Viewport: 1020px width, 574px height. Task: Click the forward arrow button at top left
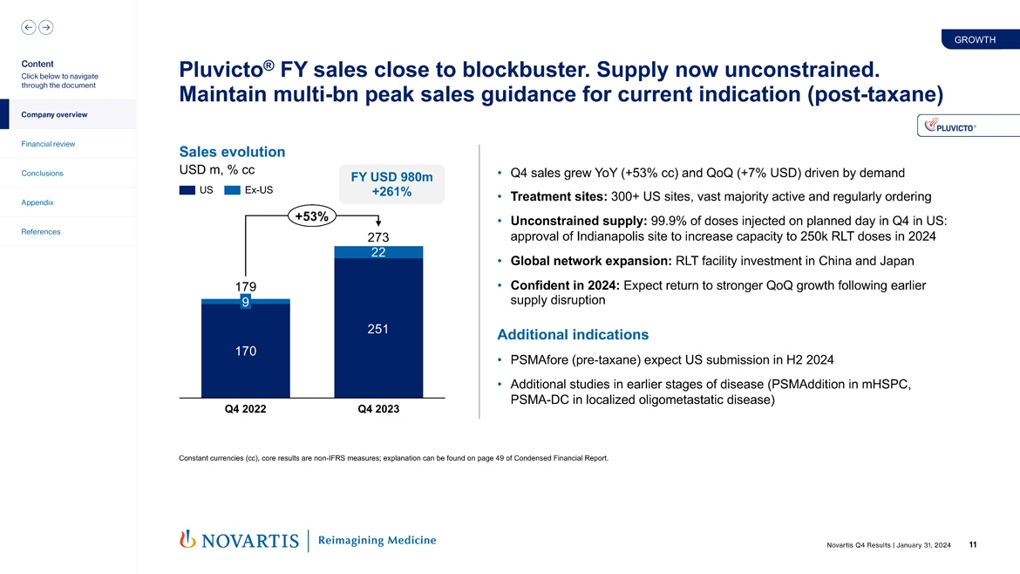point(45,27)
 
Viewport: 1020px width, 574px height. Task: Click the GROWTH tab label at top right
point(975,39)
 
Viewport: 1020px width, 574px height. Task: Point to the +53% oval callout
point(310,217)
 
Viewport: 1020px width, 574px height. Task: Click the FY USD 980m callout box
point(391,184)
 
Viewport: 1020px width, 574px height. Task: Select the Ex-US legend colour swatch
point(232,190)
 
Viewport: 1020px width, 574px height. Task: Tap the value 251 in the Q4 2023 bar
point(377,329)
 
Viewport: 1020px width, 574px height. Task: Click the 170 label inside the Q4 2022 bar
point(245,352)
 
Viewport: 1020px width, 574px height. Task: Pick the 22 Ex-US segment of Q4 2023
point(377,252)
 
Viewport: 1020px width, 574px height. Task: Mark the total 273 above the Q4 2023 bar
point(377,237)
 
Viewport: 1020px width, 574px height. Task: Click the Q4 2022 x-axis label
point(245,409)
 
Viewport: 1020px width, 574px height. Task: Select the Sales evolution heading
point(231,152)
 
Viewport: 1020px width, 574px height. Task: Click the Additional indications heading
point(572,335)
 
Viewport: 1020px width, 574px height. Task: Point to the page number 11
point(972,545)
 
